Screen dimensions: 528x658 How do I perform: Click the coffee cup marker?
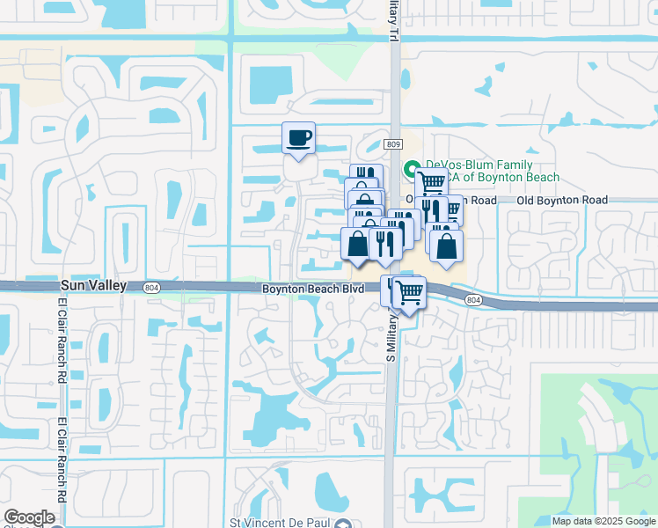(298, 137)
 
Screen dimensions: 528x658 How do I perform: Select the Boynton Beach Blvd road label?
(312, 289)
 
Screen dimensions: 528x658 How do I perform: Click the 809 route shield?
(393, 144)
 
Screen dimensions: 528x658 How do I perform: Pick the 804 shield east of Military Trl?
(473, 300)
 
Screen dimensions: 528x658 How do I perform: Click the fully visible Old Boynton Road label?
(562, 201)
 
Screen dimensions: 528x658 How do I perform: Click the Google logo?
(29, 517)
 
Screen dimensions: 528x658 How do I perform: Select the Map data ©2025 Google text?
(603, 521)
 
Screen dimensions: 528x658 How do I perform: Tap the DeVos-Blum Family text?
(479, 165)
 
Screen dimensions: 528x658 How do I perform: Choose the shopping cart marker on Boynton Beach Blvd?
(408, 291)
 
